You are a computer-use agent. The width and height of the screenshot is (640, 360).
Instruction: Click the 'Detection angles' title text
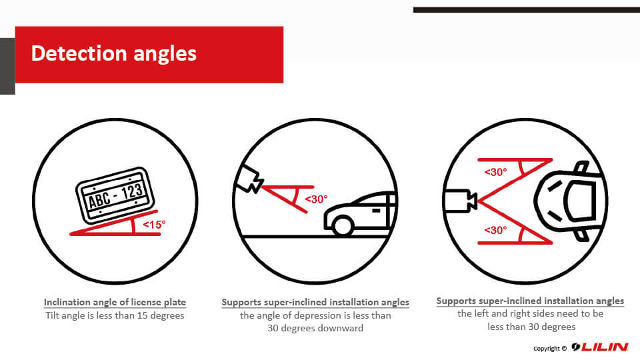114,54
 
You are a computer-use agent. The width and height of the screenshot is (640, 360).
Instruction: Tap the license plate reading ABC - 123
115,195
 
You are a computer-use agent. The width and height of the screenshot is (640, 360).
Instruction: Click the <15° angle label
154,225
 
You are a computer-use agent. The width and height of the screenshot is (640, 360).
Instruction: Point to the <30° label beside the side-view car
316,199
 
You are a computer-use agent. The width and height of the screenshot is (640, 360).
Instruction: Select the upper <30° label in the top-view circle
495,172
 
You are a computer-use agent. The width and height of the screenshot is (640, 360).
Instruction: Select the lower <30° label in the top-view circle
495,230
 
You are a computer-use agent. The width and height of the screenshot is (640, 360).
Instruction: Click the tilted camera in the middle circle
250,179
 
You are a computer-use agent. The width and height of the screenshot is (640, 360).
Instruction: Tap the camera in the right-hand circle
461,201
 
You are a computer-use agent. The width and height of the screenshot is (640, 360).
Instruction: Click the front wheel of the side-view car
343,226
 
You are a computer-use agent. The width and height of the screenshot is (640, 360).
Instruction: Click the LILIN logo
599,347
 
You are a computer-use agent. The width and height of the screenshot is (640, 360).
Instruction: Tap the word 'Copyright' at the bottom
547,349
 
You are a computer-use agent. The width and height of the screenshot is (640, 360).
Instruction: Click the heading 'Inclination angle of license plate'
115,302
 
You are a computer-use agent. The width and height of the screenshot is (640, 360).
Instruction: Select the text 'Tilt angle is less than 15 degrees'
115,315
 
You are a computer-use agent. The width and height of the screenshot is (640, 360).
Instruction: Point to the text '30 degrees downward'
315,328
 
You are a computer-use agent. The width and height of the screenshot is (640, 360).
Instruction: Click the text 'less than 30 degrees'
531,327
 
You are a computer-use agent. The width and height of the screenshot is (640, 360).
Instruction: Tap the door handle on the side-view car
376,211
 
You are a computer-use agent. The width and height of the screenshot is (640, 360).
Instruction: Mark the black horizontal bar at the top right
527,10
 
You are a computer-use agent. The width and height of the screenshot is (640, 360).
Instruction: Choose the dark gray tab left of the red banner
7,66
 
